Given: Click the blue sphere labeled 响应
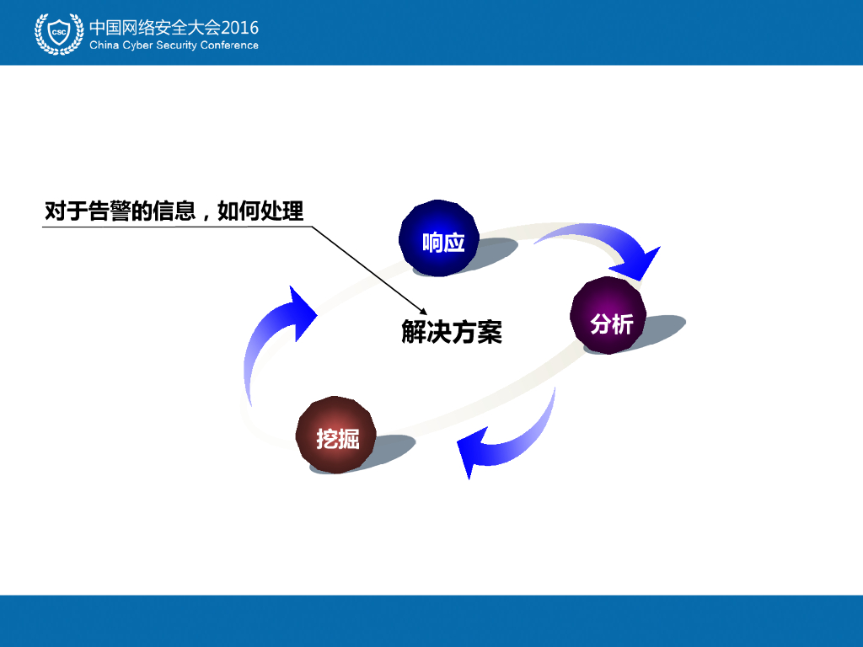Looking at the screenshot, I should [x=439, y=238].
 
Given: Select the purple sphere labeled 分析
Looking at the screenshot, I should [x=608, y=315].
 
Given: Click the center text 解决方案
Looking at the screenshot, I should [x=452, y=332].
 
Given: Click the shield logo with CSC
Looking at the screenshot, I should [x=59, y=33].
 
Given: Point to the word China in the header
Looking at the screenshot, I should [x=105, y=45].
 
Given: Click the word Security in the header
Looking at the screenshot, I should [x=177, y=45].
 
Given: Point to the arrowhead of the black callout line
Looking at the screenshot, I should [x=425, y=310].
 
